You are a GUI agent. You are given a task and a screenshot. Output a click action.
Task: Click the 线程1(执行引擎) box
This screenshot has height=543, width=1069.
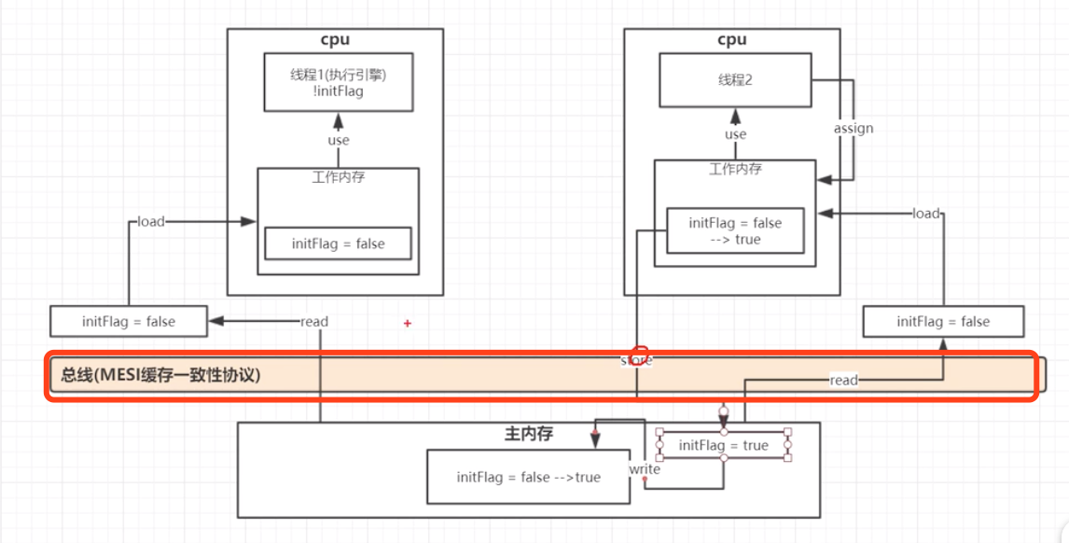(338, 82)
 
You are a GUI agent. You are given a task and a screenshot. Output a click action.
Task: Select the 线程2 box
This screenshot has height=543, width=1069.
(735, 80)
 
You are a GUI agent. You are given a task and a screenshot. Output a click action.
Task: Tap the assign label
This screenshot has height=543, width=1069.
(853, 128)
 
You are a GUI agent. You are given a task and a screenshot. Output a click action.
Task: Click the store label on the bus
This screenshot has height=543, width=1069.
(637, 360)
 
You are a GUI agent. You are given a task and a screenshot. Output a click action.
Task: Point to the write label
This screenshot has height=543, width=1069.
(645, 468)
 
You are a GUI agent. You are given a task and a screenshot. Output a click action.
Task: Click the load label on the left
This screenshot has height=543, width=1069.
(151, 221)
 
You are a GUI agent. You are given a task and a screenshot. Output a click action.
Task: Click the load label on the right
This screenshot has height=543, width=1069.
(925, 213)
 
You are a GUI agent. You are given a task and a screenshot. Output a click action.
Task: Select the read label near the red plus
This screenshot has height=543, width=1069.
(314, 321)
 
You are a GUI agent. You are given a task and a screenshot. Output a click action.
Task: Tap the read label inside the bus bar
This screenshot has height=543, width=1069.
(843, 380)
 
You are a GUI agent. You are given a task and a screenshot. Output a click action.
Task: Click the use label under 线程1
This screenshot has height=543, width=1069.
(339, 140)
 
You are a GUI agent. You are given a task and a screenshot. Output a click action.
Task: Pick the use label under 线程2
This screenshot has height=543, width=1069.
(736, 134)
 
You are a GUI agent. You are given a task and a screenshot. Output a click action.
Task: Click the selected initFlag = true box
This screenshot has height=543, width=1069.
(724, 445)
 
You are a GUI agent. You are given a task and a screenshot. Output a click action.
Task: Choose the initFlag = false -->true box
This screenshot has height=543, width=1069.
(528, 477)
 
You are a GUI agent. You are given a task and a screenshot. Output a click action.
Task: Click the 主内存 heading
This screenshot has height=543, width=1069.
(529, 434)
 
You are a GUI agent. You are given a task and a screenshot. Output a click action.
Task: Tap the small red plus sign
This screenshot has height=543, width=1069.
(408, 324)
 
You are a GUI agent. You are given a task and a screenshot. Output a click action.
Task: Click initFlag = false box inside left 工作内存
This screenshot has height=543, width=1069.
(338, 244)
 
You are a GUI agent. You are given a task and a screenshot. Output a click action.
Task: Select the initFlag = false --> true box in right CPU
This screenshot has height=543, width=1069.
(735, 230)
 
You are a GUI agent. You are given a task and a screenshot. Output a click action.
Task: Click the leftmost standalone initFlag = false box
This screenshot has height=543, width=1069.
(128, 321)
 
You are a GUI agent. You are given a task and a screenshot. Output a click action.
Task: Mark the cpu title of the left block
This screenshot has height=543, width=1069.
(335, 39)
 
